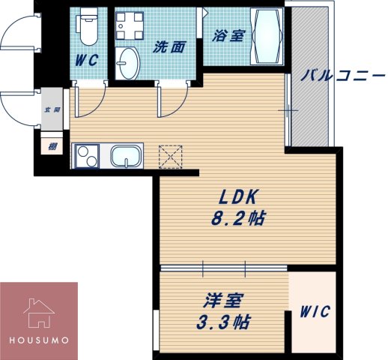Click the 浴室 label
tap(225, 34)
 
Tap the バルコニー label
tap(343, 76)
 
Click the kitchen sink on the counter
tap(130, 157)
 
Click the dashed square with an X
tap(170, 156)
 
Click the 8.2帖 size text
tap(239, 220)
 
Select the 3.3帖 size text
tap(224, 325)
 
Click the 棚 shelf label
tap(52, 147)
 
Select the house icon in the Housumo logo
tap(38, 311)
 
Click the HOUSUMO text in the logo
tap(39, 339)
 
